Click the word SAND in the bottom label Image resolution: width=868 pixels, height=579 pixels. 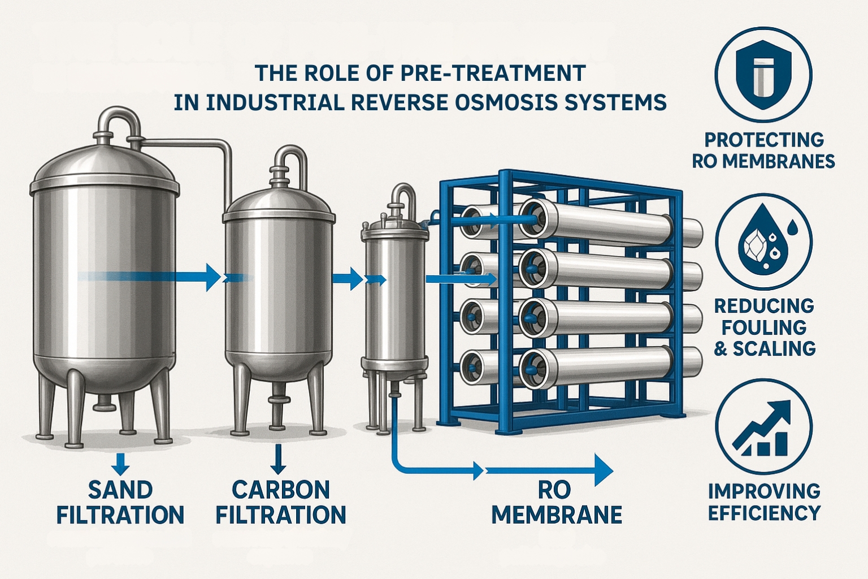click(x=120, y=490)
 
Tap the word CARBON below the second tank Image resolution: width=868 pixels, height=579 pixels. click(x=281, y=490)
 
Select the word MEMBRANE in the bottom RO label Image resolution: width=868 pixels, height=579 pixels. click(x=557, y=515)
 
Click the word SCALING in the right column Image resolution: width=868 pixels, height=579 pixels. click(x=774, y=349)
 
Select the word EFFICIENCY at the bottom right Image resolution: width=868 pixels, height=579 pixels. click(x=764, y=513)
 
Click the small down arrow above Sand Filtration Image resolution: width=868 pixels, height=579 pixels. click(x=120, y=463)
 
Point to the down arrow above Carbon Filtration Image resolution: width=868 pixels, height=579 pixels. click(x=279, y=459)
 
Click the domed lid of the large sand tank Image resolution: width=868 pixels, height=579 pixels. click(x=105, y=164)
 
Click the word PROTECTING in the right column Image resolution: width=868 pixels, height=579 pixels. click(x=764, y=140)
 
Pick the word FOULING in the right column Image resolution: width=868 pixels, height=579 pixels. click(x=764, y=327)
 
